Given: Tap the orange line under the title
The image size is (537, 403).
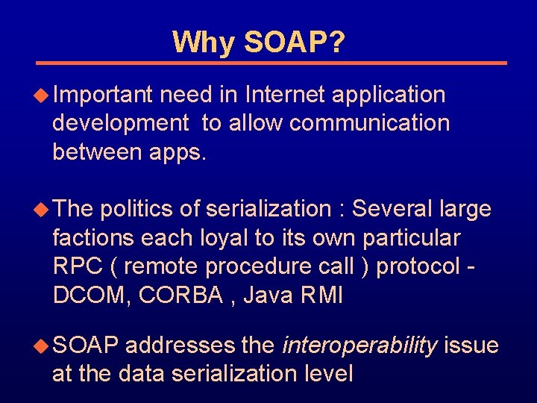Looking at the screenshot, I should [x=271, y=63].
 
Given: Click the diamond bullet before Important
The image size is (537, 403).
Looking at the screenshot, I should [x=43, y=96].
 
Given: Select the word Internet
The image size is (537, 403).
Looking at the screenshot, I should [x=286, y=95].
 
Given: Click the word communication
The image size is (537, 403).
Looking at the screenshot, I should [x=370, y=123].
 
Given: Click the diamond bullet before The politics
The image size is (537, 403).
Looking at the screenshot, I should [x=43, y=210].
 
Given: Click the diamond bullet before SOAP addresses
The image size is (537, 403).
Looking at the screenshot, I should [x=43, y=346].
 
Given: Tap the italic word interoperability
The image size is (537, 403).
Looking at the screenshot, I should [x=359, y=346].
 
